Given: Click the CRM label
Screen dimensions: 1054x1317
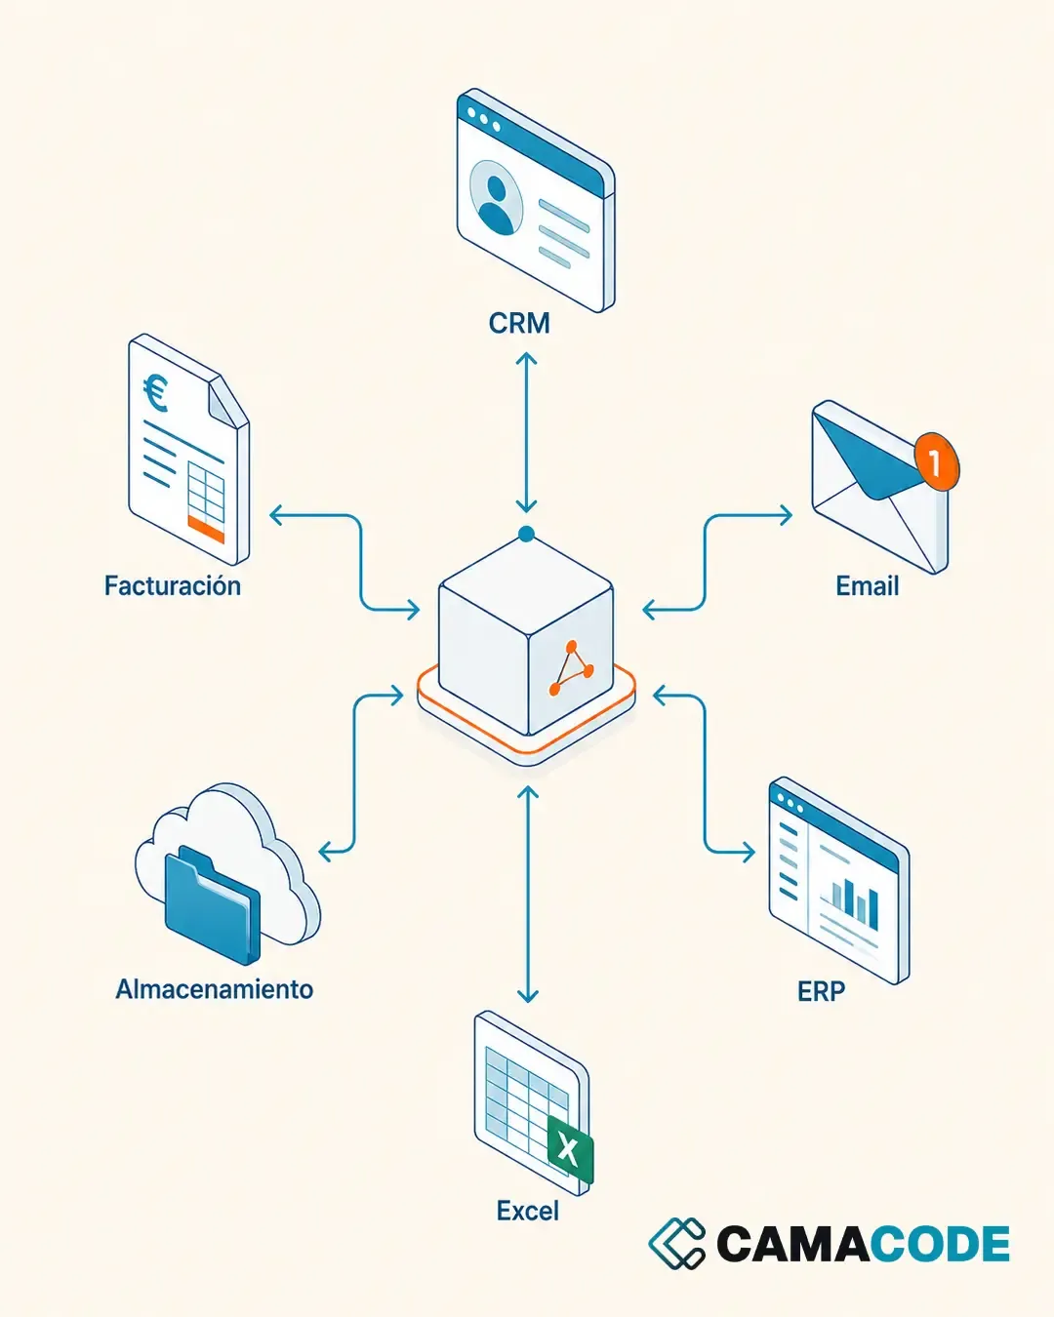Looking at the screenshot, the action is [x=519, y=323].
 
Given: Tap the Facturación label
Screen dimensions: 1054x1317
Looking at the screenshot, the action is [x=173, y=585].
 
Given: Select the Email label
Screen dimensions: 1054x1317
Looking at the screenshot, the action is [x=868, y=585].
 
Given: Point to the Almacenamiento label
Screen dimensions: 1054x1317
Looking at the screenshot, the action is [x=215, y=989].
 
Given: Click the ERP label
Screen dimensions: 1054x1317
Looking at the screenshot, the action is [x=822, y=991].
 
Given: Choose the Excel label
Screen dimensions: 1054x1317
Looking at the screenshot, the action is [x=528, y=1211].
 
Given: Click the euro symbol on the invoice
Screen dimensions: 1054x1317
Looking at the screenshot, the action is [x=155, y=392].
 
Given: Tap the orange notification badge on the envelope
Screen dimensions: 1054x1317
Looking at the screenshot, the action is [x=937, y=461].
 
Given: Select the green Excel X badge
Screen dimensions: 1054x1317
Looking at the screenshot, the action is [x=570, y=1150].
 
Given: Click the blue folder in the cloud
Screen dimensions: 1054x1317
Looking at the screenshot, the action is [x=212, y=904].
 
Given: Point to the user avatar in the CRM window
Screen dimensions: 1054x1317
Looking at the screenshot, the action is [x=496, y=198].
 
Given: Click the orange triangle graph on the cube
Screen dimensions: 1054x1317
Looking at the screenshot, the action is [x=571, y=668].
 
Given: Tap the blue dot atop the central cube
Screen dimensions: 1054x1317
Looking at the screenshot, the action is [x=526, y=535].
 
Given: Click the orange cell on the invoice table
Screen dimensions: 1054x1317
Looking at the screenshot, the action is [x=206, y=528].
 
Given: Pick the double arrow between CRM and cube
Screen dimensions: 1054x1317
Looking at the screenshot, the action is [x=526, y=431].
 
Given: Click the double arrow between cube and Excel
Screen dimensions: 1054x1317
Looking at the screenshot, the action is [x=528, y=895].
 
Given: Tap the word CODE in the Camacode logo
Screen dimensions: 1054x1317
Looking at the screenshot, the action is [x=940, y=1243].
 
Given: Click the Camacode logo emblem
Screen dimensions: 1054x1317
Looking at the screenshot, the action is [x=676, y=1243].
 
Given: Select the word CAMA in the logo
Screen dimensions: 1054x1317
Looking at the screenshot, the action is [x=792, y=1243].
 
